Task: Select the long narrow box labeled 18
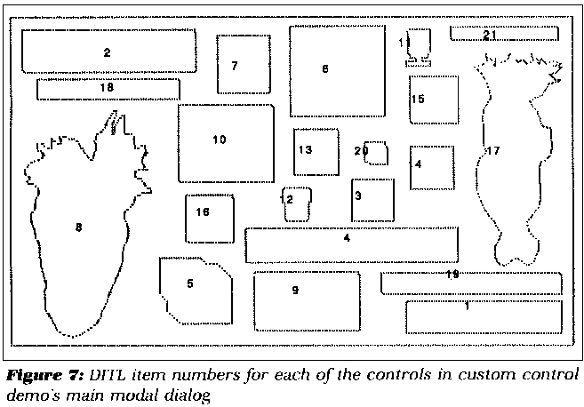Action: click(x=108, y=89)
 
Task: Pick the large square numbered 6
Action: click(x=336, y=70)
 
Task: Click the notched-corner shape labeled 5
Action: click(x=194, y=289)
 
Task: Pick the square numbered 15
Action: click(x=434, y=99)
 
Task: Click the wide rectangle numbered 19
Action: click(x=471, y=283)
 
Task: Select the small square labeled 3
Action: click(x=372, y=201)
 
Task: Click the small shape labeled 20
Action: click(x=375, y=153)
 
